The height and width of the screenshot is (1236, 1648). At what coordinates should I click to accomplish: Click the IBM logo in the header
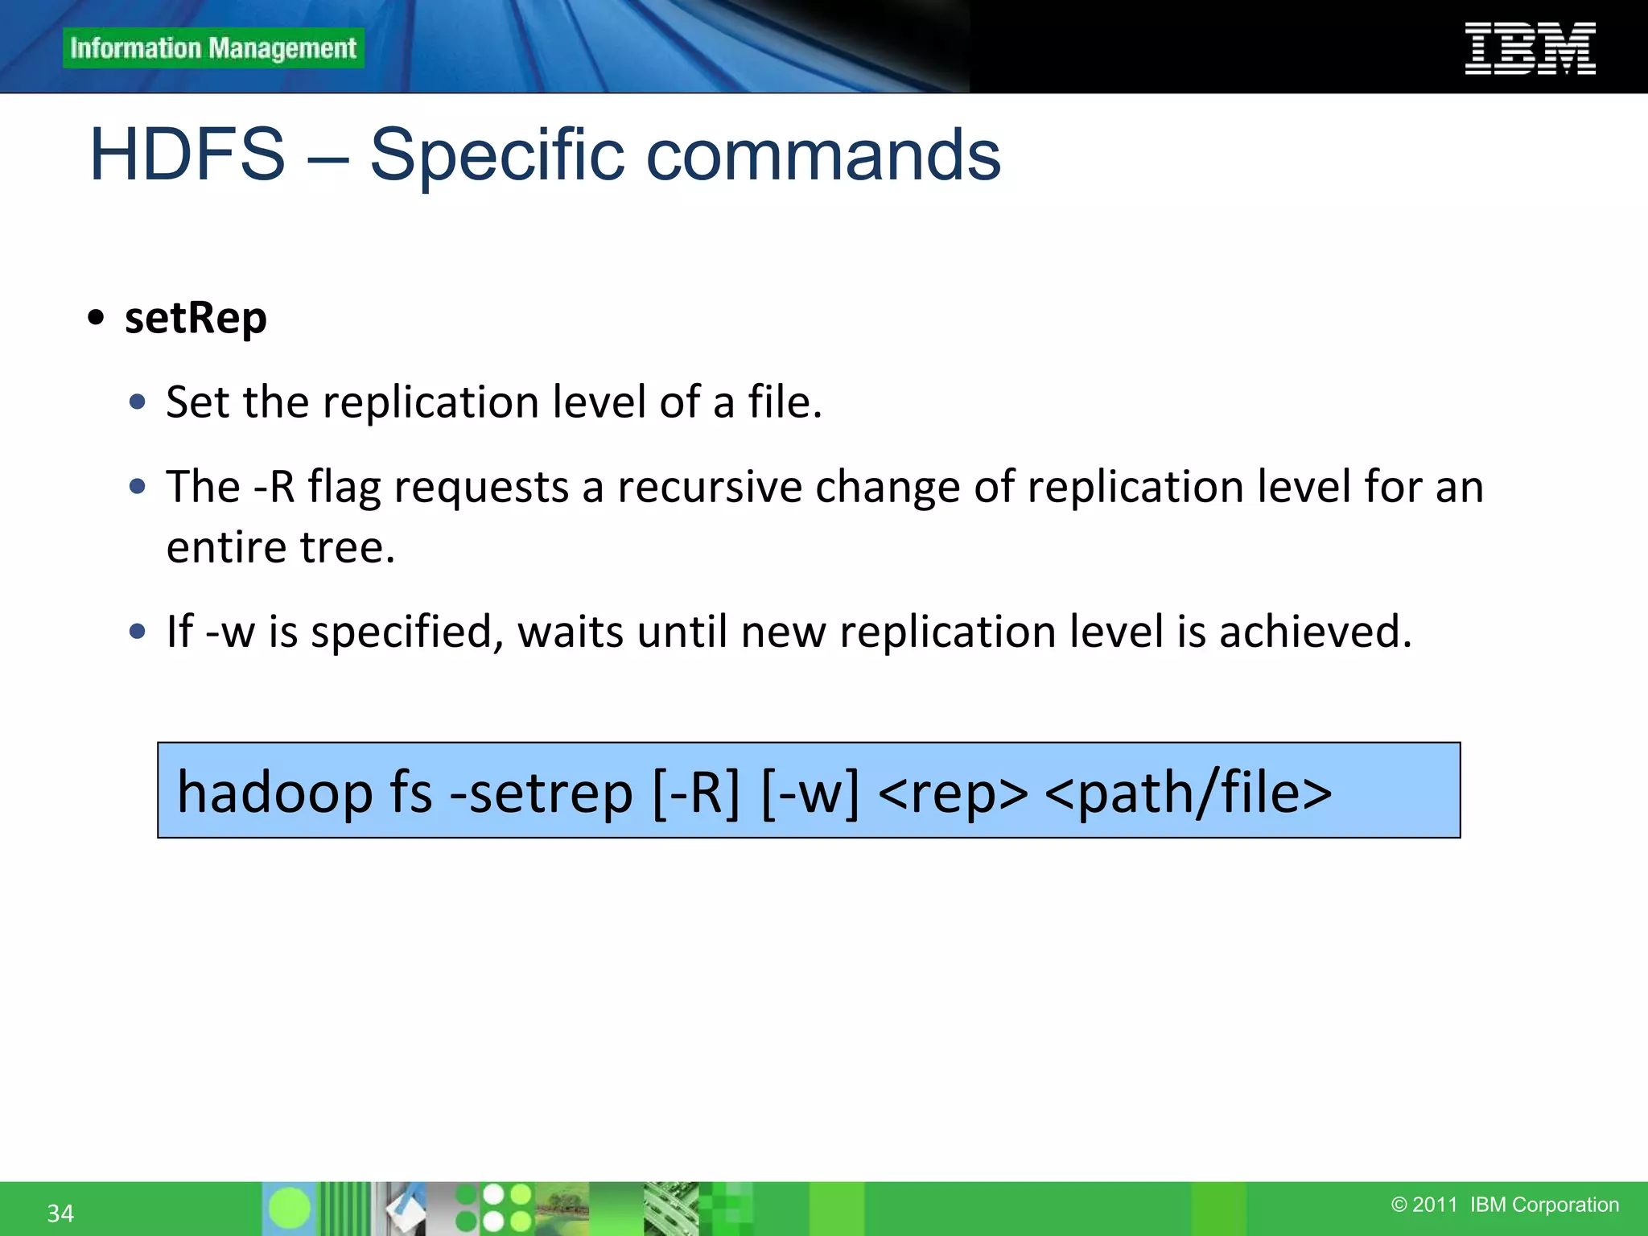point(1530,49)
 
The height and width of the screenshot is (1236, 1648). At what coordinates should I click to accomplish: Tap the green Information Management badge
point(213,48)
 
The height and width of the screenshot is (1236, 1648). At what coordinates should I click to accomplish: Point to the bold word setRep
point(196,318)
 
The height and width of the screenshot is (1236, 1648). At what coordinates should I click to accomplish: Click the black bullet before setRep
point(97,319)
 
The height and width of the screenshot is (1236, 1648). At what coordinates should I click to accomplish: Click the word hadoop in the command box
point(274,793)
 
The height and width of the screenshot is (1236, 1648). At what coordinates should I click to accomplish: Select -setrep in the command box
point(541,793)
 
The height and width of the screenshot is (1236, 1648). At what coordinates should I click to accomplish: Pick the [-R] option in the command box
point(695,793)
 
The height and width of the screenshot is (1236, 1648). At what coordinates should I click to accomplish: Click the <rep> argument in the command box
point(953,793)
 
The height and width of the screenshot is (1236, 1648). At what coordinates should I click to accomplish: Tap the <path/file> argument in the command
point(1188,793)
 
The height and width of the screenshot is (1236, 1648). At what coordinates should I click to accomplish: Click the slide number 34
point(60,1213)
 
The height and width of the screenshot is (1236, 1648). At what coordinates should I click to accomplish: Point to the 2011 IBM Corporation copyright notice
point(1505,1205)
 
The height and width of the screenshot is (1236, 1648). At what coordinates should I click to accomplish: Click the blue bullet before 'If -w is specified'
point(138,632)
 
